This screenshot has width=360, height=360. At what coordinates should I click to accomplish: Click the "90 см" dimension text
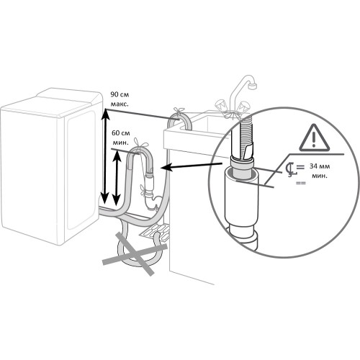(x=120, y=94)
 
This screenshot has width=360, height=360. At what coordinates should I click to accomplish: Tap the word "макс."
(x=120, y=104)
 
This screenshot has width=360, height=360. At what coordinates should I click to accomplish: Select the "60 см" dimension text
(x=121, y=133)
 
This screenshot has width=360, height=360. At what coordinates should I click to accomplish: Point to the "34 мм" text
(x=320, y=166)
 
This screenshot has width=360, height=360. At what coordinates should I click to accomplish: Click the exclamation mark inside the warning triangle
(x=314, y=140)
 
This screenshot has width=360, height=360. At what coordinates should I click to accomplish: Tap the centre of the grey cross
(x=135, y=254)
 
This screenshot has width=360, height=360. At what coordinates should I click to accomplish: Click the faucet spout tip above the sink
(x=253, y=86)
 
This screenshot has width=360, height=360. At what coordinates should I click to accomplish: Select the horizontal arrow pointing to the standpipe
(x=191, y=166)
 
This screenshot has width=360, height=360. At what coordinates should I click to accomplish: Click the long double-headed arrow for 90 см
(x=104, y=156)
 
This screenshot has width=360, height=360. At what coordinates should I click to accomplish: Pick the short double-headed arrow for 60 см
(x=117, y=178)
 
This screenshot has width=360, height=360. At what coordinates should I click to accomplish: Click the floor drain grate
(x=155, y=233)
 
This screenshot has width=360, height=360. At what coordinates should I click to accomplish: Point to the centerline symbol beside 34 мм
(x=293, y=170)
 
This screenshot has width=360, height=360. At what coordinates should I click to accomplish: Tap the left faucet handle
(x=221, y=106)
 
